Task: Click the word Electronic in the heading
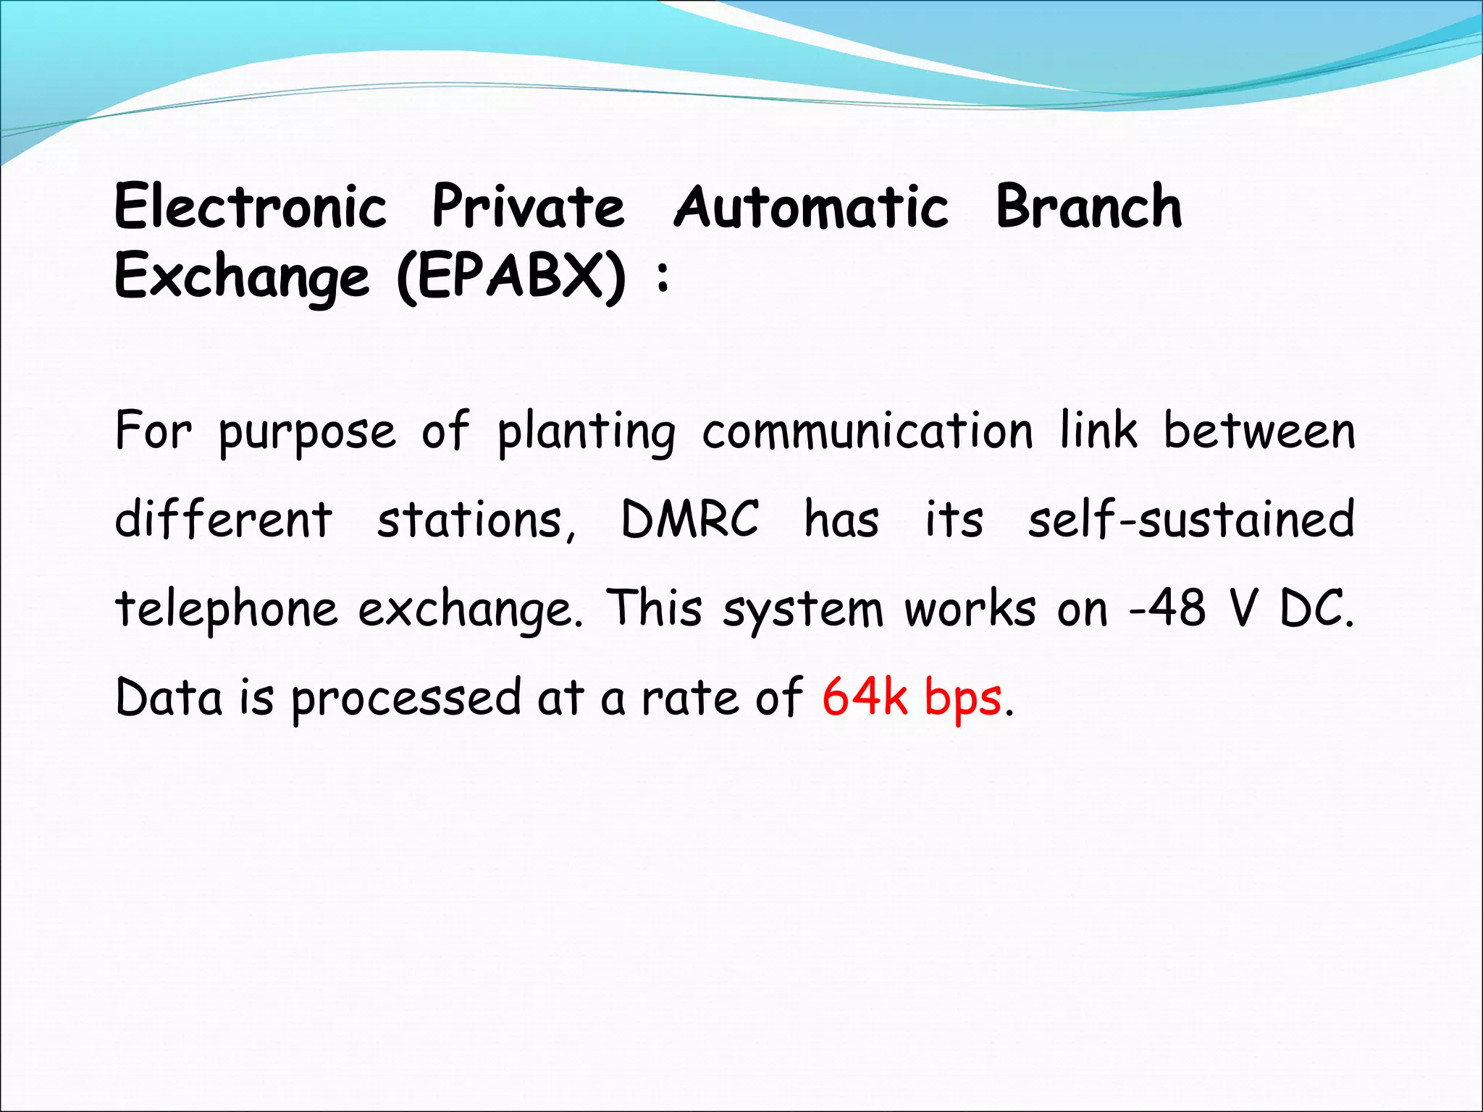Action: [x=251, y=207]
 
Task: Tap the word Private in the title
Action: [x=528, y=207]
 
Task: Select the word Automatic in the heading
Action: [x=811, y=207]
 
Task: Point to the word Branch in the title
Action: [x=1088, y=207]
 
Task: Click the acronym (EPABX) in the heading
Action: [x=511, y=277]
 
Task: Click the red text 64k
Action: [x=865, y=697]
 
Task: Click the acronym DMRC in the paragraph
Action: [x=689, y=519]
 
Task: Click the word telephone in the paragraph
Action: [x=227, y=610]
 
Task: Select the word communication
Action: [x=867, y=431]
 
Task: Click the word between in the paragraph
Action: [x=1259, y=431]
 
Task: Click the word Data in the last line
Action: [x=169, y=697]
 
